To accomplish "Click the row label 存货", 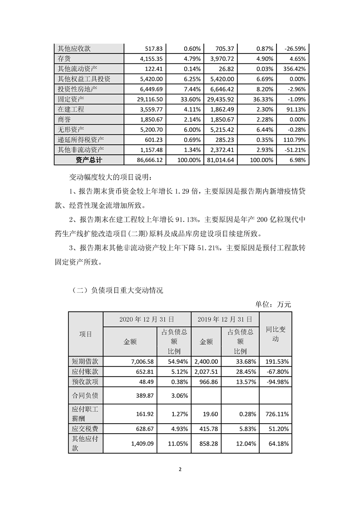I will (x=64, y=59).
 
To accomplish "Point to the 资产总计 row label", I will (x=89, y=160).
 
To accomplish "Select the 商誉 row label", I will (x=64, y=119).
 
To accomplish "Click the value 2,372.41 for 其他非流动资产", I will (x=220, y=150).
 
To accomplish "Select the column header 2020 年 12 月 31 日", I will (x=147, y=319).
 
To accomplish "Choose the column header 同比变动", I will (x=276, y=334).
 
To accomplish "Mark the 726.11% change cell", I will (x=277, y=415).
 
